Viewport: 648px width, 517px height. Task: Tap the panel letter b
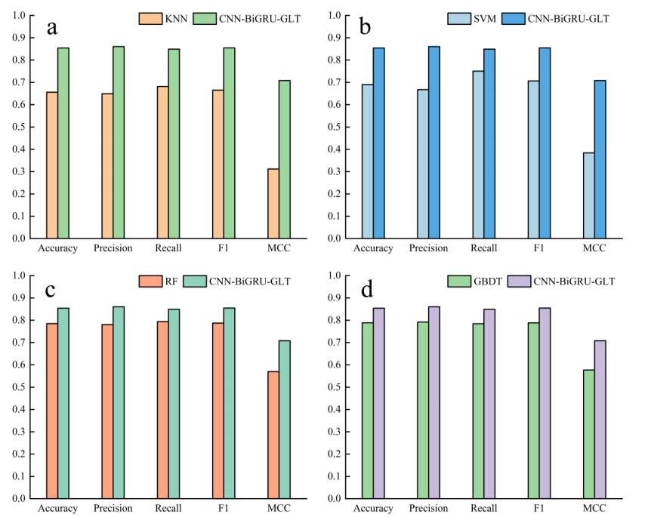coord(365,28)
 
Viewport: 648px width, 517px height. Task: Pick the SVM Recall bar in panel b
coord(477,155)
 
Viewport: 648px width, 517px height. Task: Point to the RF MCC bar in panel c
coord(273,435)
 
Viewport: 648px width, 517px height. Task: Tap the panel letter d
coord(365,289)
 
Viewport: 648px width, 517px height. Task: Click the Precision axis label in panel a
coord(113,248)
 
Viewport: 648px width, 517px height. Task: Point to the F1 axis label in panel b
coord(538,248)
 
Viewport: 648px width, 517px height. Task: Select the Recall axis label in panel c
coord(168,509)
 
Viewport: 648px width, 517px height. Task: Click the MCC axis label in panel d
coord(594,509)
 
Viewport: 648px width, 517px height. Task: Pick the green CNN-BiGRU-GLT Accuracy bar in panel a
coord(63,143)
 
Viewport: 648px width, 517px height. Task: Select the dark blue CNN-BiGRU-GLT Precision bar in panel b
coord(434,143)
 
